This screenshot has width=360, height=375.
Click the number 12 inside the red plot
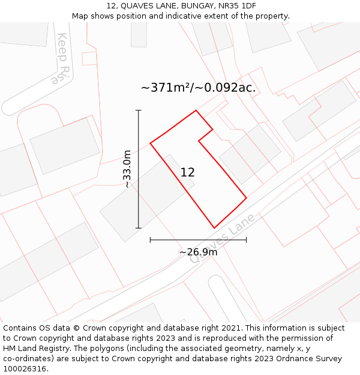coord(187,172)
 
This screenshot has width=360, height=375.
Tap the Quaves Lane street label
coord(222,238)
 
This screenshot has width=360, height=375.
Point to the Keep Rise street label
coord(63,58)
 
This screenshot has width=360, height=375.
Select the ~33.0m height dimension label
coord(127,169)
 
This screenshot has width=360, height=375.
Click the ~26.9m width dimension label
coord(198,252)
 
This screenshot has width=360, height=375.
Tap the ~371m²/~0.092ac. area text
coord(198,88)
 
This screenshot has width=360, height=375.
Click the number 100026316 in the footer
coord(24,369)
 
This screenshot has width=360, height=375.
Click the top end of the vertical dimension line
coord(139,110)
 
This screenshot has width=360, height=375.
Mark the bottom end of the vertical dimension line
coord(139,228)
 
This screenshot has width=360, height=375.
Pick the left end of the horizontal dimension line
coord(150,240)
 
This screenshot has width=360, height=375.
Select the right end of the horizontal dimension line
coord(246,240)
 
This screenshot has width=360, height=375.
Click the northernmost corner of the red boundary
coord(196,110)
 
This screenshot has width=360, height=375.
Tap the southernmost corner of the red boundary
coord(214,228)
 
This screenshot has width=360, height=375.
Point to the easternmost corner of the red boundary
coord(246,197)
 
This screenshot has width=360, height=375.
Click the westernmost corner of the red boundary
coord(150,143)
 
